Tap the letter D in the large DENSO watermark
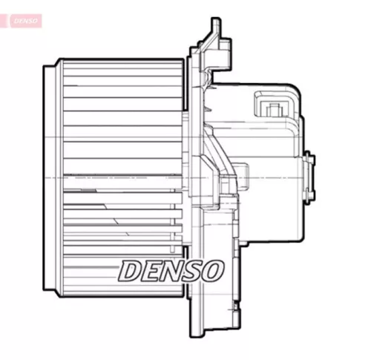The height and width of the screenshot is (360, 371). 133,271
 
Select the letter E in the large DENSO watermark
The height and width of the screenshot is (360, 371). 153,271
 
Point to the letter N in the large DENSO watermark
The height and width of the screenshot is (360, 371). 171,271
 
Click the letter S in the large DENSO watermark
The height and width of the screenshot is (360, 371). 192,271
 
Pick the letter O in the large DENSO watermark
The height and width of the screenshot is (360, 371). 211,271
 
